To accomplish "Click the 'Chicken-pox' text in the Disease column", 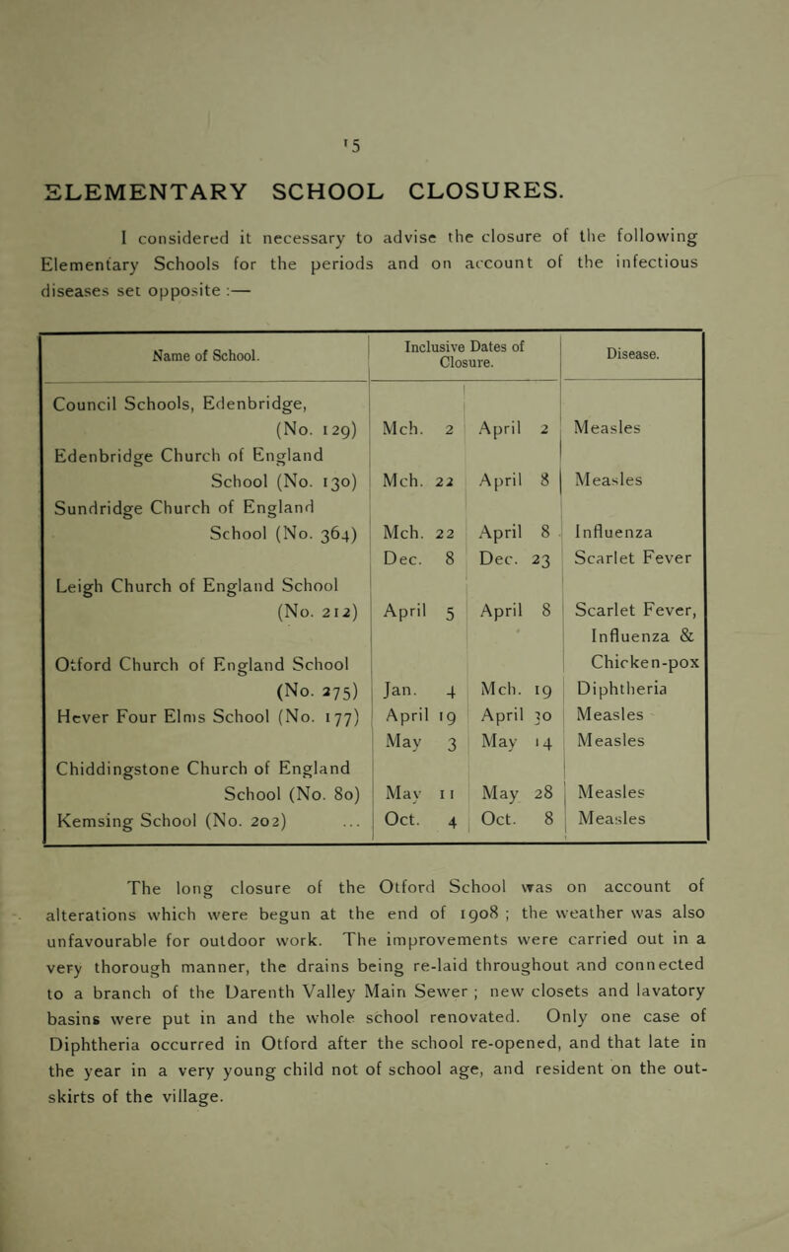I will coord(642,651).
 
